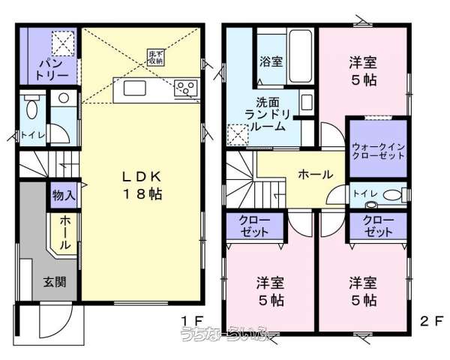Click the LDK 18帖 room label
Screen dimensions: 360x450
click(143, 184)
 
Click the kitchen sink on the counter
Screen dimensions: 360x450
click(136, 89)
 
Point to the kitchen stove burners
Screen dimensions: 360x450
click(184, 89)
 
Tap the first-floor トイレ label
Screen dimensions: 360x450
click(33, 136)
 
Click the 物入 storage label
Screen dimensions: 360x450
click(62, 194)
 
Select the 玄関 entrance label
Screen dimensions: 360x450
click(53, 282)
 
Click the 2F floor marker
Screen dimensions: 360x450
click(427, 321)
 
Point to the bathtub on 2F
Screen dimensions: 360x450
click(301, 56)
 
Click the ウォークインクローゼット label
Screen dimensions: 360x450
click(377, 149)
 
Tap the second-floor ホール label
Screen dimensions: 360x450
click(316, 174)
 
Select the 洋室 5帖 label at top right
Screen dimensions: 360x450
click(362, 69)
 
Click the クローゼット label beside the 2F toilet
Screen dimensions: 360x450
click(376, 225)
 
